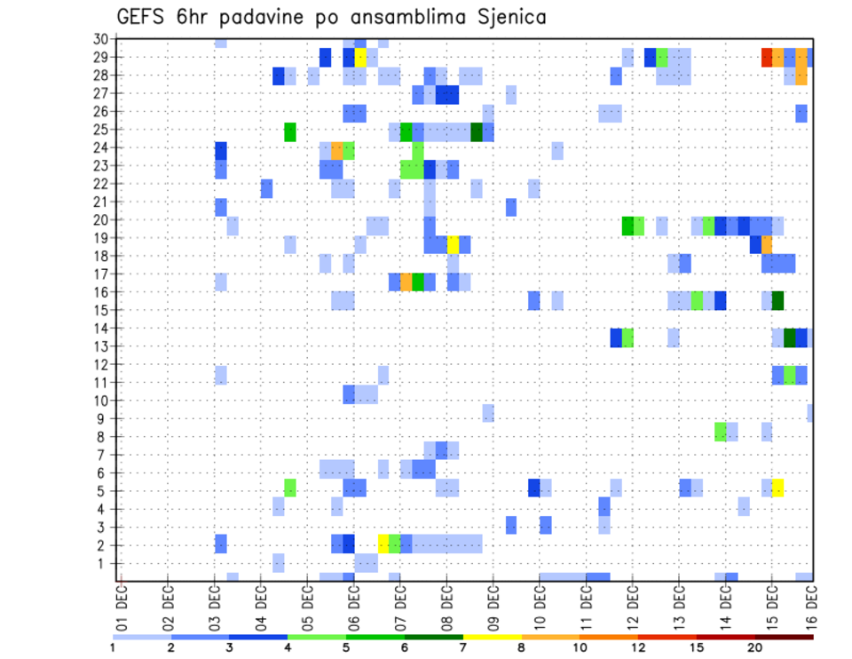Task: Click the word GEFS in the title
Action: [x=144, y=17]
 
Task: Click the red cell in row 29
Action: [x=767, y=57]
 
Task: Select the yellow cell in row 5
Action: [x=778, y=488]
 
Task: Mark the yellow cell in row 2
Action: [x=383, y=543]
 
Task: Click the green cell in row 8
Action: [x=720, y=432]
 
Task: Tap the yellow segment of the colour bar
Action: [x=493, y=637]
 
